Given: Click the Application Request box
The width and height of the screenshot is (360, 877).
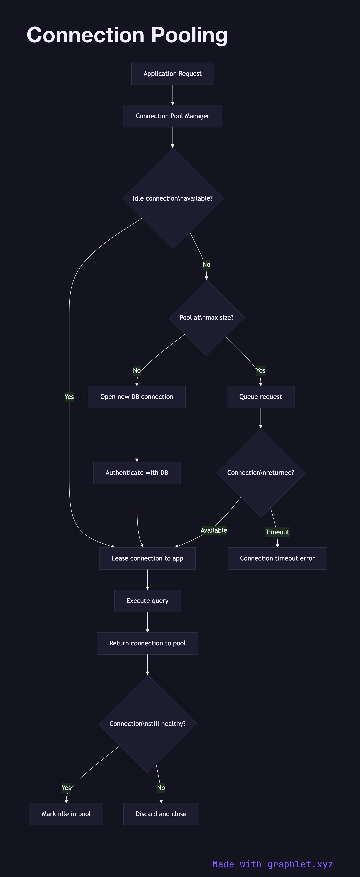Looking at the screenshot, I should (173, 73).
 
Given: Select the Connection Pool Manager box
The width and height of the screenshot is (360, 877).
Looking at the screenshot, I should (173, 116).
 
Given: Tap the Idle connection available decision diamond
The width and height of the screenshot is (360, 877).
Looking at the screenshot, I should (173, 198).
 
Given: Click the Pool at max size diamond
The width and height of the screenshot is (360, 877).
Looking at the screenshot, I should (206, 318).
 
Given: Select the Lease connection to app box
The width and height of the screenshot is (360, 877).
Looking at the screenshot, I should (148, 558).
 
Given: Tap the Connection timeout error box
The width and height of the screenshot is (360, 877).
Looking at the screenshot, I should (277, 558).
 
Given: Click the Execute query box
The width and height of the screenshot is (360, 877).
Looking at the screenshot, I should (148, 601).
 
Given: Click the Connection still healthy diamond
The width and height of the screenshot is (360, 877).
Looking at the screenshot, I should (148, 724).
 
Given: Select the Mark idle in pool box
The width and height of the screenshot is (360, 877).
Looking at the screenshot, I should (66, 814).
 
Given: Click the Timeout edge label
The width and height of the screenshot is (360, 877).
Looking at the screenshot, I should (277, 532).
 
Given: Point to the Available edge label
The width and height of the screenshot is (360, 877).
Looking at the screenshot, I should (214, 530).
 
